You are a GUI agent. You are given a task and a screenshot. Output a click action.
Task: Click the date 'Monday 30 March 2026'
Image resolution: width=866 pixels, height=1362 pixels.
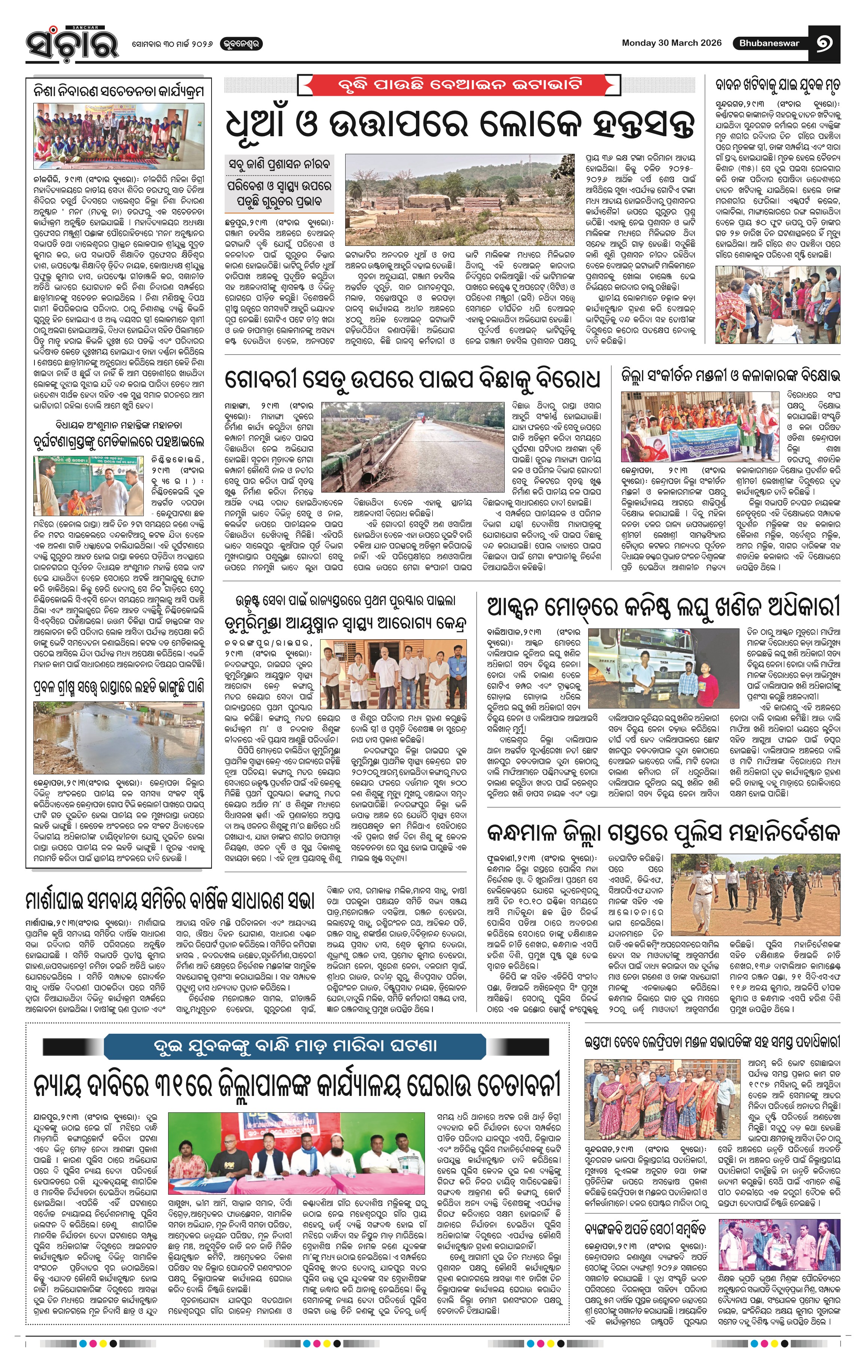click(x=671, y=43)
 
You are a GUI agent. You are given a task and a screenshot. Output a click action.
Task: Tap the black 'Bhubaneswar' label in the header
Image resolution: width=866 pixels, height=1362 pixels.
click(x=769, y=43)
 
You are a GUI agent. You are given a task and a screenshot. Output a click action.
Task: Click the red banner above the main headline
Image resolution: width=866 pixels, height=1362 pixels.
click(x=459, y=86)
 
